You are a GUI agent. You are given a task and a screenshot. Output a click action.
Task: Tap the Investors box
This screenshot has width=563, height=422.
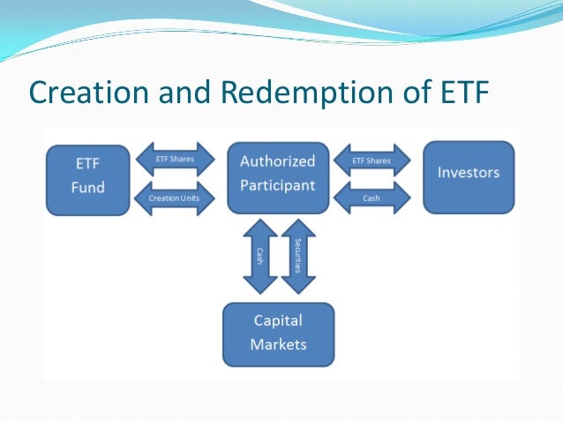[468, 175]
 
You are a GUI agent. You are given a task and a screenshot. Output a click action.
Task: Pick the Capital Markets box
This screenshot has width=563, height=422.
[278, 333]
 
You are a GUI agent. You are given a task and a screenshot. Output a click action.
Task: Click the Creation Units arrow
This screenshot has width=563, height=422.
[176, 198]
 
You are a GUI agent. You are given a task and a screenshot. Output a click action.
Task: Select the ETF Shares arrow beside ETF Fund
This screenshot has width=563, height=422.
[176, 159]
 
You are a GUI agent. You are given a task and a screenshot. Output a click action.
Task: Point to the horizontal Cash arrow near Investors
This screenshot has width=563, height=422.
[371, 198]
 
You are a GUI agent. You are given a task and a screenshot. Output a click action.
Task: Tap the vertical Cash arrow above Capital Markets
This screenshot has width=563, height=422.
[260, 255]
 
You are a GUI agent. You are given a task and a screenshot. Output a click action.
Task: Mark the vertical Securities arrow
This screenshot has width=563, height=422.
[297, 255]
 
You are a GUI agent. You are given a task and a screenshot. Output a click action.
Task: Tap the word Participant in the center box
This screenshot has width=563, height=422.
[278, 186]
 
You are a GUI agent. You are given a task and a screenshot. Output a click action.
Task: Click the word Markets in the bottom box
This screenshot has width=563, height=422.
[278, 344]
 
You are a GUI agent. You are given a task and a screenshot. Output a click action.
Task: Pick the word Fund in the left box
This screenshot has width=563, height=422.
[89, 187]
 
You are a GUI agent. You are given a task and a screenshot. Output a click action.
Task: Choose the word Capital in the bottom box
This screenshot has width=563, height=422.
[278, 321]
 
